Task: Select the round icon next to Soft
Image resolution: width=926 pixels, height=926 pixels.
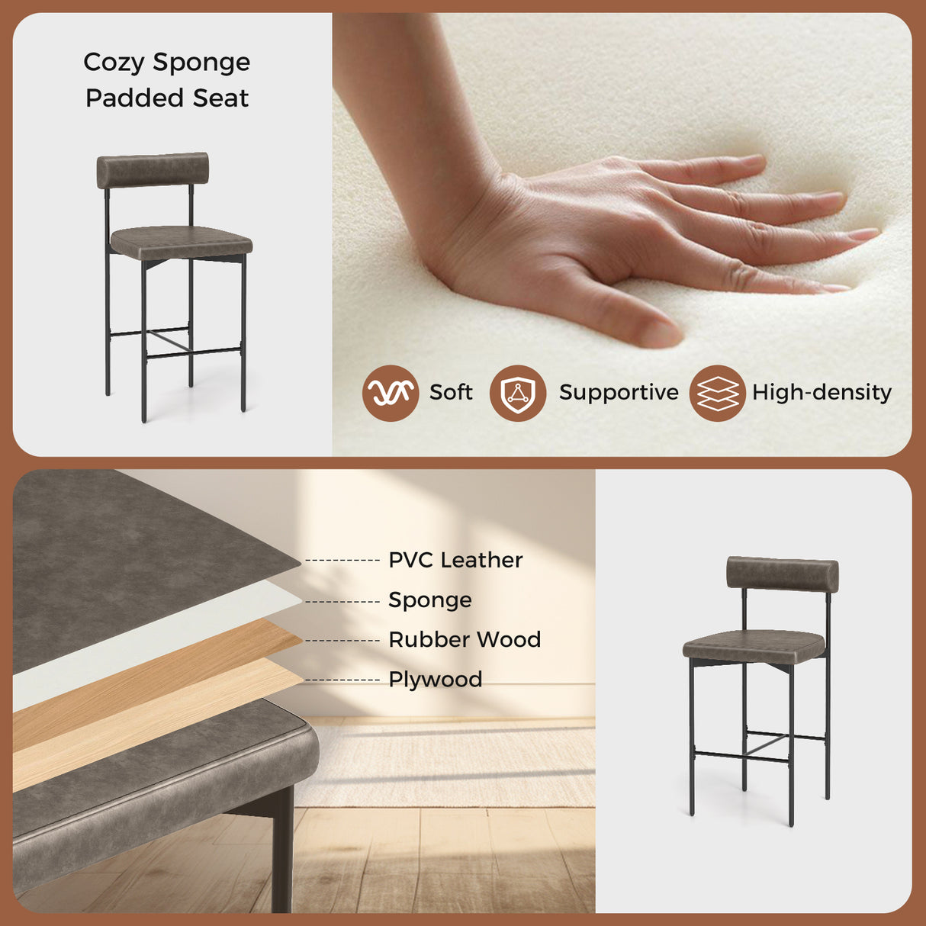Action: click(x=391, y=393)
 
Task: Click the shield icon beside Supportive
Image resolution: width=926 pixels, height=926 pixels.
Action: click(x=518, y=393)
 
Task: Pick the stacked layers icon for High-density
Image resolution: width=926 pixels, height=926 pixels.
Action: click(x=718, y=393)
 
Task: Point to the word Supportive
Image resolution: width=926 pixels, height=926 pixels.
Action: click(x=619, y=393)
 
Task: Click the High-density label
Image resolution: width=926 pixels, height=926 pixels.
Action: click(x=822, y=393)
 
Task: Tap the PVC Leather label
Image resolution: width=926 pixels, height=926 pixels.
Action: click(x=455, y=560)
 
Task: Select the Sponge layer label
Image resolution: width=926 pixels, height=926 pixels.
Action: click(x=430, y=600)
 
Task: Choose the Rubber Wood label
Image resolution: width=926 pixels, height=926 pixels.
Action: click(x=465, y=639)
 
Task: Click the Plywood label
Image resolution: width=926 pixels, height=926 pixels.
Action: click(x=436, y=679)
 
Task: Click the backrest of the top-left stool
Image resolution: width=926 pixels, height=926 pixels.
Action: click(x=153, y=169)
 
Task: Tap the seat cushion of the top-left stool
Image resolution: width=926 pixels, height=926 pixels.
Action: click(x=182, y=242)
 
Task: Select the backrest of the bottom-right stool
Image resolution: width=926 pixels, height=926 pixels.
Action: click(x=782, y=574)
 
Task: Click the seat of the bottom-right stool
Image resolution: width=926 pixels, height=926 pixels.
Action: click(x=754, y=645)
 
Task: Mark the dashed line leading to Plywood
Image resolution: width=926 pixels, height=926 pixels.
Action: click(x=342, y=680)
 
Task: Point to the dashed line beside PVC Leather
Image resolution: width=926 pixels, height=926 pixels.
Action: click(x=342, y=561)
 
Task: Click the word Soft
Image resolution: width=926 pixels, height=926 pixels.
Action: click(x=451, y=393)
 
